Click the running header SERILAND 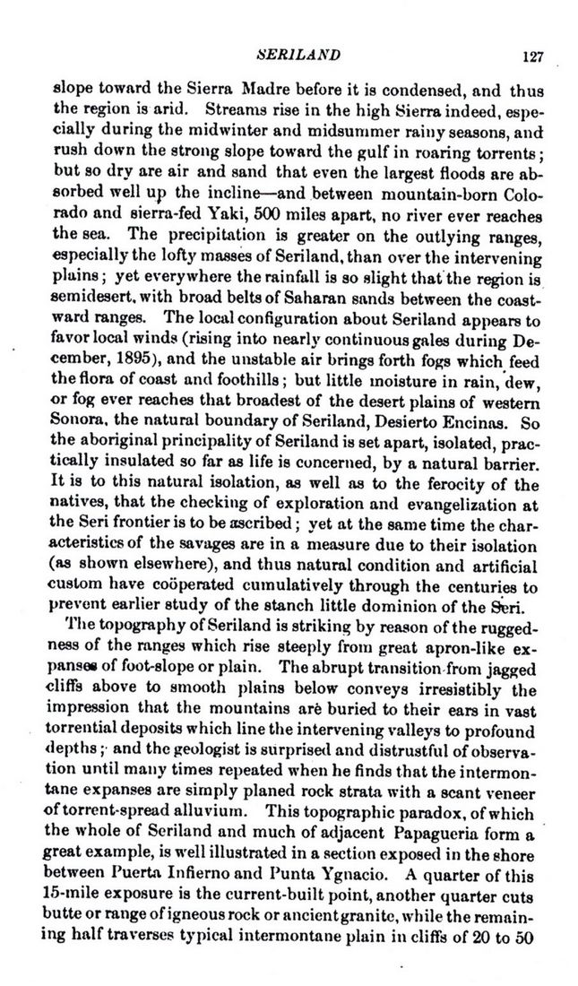(x=298, y=56)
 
